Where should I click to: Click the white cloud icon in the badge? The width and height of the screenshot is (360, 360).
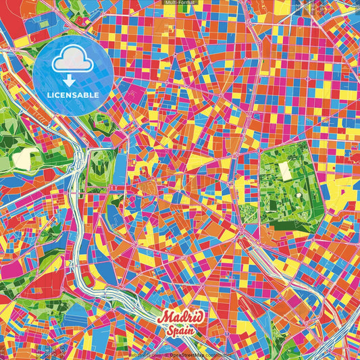(72, 63)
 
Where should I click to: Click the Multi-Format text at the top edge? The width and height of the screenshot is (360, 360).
(179, 3)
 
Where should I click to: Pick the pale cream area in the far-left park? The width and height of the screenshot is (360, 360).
(22, 159)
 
